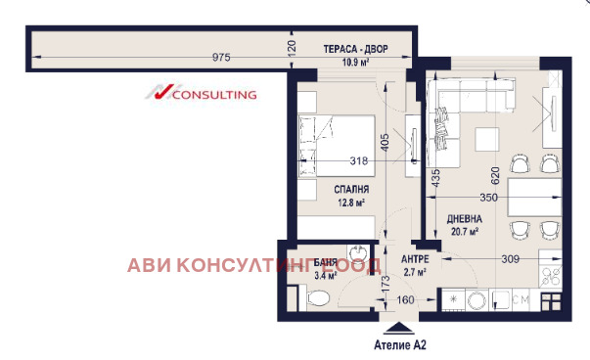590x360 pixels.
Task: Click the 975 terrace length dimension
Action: click(222, 58)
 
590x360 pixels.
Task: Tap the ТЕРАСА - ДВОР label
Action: click(353, 49)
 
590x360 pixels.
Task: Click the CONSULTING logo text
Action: click(213, 95)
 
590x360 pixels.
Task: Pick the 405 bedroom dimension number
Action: click(386, 144)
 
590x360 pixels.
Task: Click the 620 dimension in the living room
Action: click(496, 175)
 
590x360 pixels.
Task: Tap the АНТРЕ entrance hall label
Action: click(415, 259)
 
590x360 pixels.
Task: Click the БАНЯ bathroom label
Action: click(326, 263)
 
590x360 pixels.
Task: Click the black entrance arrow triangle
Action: click(397, 329)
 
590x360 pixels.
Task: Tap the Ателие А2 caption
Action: click(401, 345)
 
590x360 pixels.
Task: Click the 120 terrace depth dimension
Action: click(292, 45)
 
